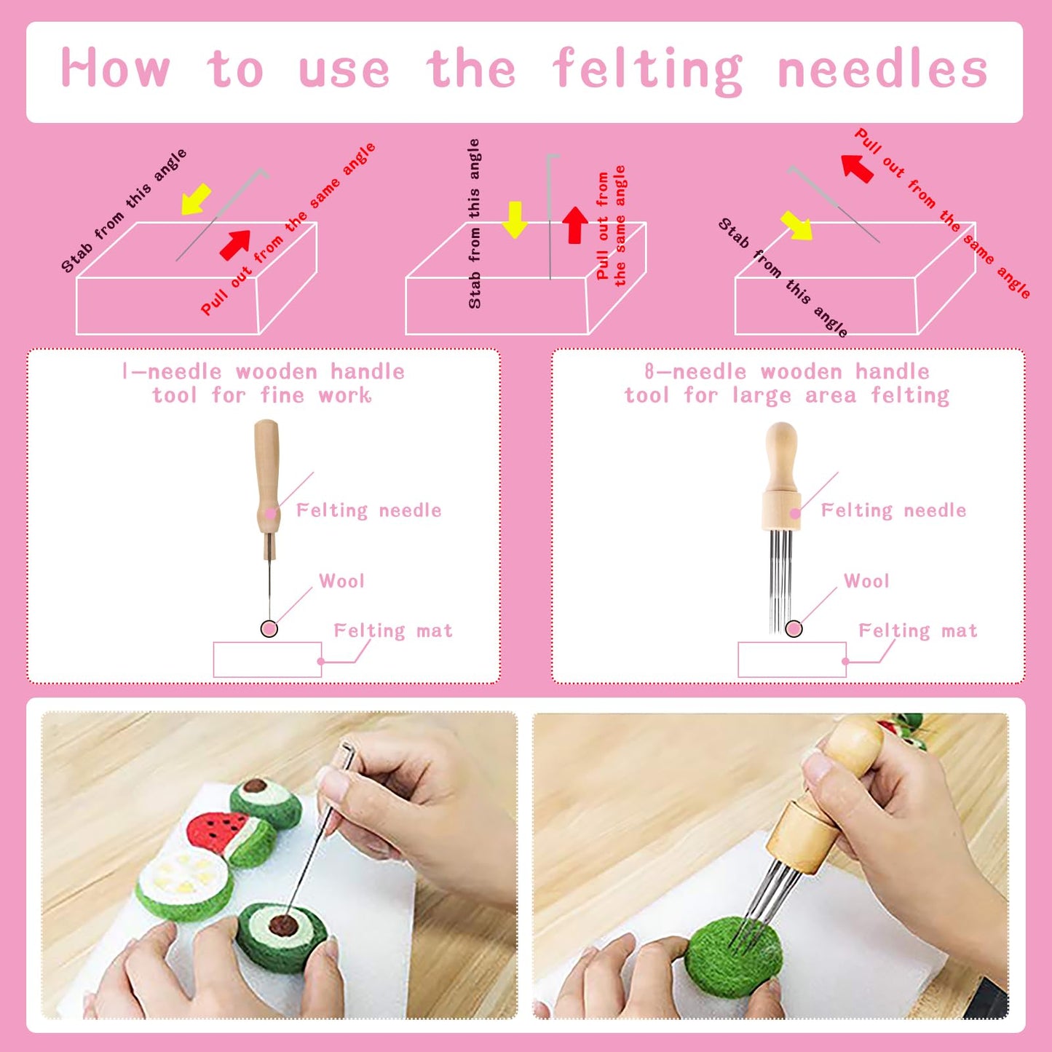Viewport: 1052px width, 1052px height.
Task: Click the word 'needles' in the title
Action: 882,71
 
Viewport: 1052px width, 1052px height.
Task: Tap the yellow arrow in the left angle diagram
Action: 196,199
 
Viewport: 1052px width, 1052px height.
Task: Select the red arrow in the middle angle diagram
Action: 575,224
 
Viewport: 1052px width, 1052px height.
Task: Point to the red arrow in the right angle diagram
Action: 857,167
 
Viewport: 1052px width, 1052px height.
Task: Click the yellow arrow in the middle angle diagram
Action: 515,220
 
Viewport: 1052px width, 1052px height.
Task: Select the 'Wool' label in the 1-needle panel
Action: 341,581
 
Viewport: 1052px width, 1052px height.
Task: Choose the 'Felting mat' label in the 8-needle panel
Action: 917,630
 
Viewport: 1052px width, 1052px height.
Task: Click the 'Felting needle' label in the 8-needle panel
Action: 893,510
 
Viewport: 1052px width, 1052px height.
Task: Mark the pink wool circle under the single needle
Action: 269,629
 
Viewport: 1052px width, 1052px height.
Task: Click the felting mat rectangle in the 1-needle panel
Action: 267,660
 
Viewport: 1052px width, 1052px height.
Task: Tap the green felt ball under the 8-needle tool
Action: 732,957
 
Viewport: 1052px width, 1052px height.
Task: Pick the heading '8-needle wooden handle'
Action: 787,372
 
